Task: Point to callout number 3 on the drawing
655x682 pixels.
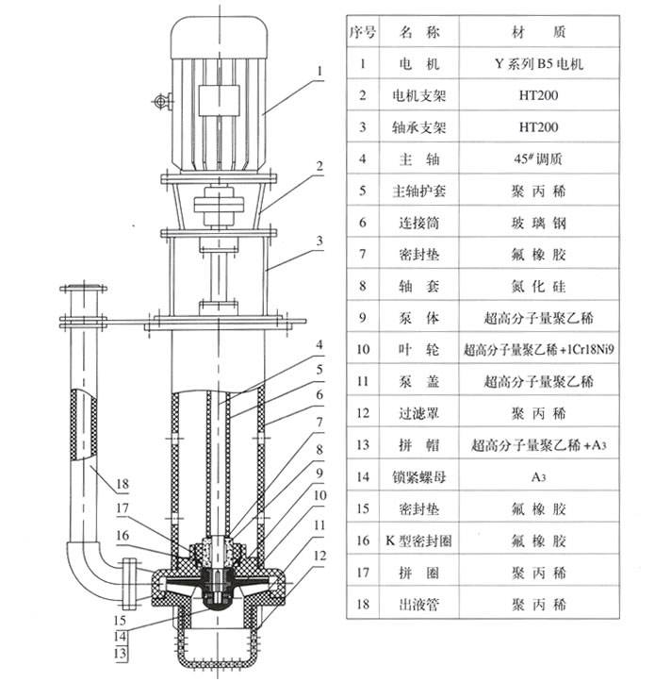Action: click(320, 241)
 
